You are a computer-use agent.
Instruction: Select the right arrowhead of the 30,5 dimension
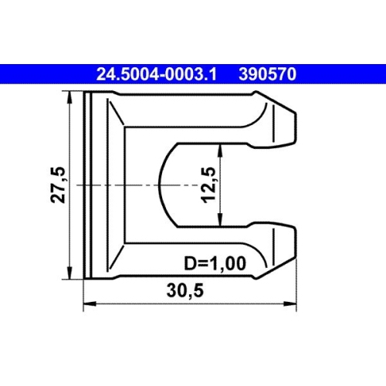point(296,304)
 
